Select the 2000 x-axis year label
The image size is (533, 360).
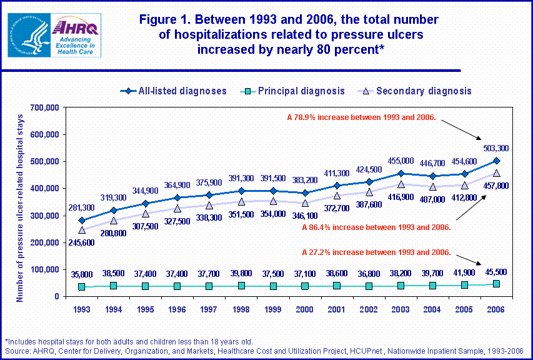(304, 309)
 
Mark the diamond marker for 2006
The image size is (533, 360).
(496, 161)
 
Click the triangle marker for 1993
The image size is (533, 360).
(82, 230)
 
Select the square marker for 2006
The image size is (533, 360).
(496, 284)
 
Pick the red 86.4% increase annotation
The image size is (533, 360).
(376, 227)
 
